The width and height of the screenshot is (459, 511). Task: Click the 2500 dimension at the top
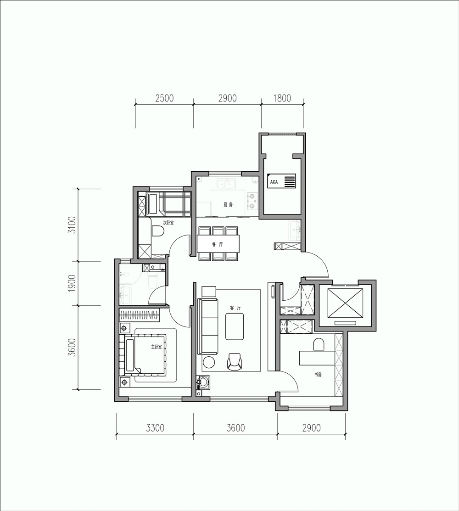164,98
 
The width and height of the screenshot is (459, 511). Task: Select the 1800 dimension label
282,98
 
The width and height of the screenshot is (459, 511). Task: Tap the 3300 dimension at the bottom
155,428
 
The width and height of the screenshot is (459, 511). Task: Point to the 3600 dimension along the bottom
235,428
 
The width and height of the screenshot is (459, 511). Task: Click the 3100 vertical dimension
72,225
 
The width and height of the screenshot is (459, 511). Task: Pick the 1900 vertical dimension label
72,283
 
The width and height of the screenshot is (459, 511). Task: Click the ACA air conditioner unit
281,181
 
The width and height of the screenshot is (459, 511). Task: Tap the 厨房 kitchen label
228,205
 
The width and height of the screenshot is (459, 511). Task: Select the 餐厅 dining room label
217,244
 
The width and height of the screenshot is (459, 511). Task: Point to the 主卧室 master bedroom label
157,347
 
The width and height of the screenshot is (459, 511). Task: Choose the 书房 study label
318,375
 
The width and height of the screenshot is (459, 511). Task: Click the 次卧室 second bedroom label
168,223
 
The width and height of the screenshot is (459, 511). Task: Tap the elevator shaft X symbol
345,303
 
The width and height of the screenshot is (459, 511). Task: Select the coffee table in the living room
235,326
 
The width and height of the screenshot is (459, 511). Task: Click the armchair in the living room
235,362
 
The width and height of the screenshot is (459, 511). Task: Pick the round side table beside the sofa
208,362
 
